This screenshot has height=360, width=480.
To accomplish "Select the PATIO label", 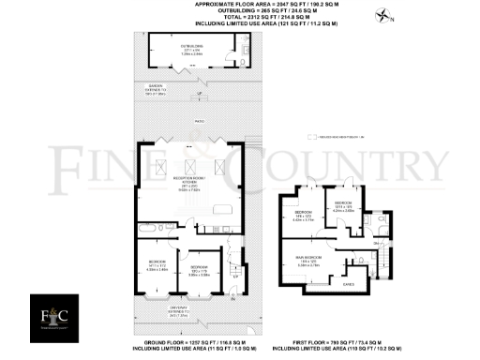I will [x=199, y=121].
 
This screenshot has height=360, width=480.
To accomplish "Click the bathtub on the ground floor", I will [x=154, y=228].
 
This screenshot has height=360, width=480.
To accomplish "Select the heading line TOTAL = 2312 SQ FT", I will [x=240, y=21].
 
